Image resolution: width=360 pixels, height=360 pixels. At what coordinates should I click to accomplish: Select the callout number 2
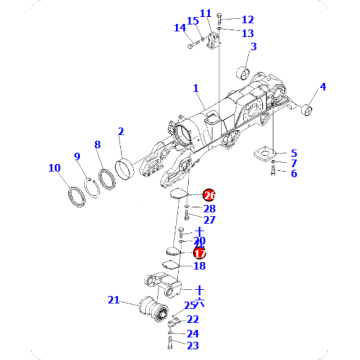pyautogui.click(x=120, y=132)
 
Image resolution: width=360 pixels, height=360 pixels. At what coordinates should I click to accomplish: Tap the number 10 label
pyautogui.click(x=54, y=167)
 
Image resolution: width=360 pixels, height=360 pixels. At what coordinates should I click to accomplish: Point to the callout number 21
pyautogui.click(x=114, y=300)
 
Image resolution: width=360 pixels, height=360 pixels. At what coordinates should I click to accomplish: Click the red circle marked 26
pyautogui.click(x=208, y=195)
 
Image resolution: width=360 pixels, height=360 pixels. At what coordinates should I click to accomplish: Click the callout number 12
pyautogui.click(x=247, y=19)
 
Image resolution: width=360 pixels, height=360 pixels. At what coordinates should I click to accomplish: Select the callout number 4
pyautogui.click(x=322, y=87)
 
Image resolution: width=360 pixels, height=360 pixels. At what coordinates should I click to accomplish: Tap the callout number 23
pyautogui.click(x=194, y=346)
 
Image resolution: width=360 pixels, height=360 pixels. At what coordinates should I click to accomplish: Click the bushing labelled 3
pyautogui.click(x=242, y=76)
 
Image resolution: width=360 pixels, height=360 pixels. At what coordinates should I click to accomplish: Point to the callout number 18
pyautogui.click(x=199, y=266)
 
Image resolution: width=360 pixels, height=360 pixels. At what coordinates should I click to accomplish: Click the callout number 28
pyautogui.click(x=209, y=208)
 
